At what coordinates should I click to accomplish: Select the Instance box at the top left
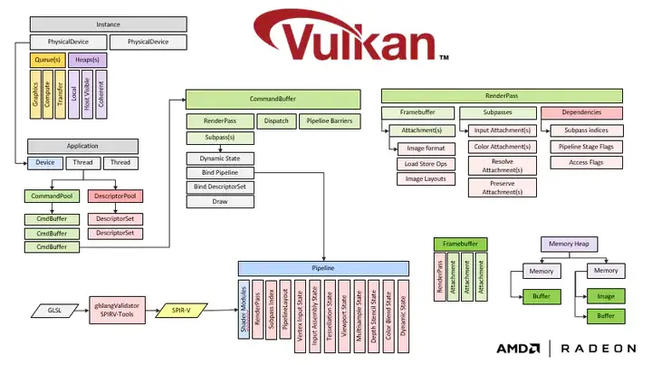click(109, 25)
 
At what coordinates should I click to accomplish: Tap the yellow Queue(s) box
click(47, 60)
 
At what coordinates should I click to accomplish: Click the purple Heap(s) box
click(87, 60)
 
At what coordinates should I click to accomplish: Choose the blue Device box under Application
click(44, 163)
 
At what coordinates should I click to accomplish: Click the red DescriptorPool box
click(115, 196)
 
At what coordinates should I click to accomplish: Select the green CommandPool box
click(52, 196)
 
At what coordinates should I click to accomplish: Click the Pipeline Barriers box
click(330, 120)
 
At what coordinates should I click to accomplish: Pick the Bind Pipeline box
click(221, 172)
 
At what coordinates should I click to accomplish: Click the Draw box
click(221, 201)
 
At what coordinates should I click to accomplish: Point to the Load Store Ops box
click(425, 163)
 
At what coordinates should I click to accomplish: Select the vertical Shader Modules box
click(244, 310)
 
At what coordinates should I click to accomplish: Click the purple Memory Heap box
click(568, 244)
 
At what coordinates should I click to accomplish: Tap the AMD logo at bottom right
click(518, 348)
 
